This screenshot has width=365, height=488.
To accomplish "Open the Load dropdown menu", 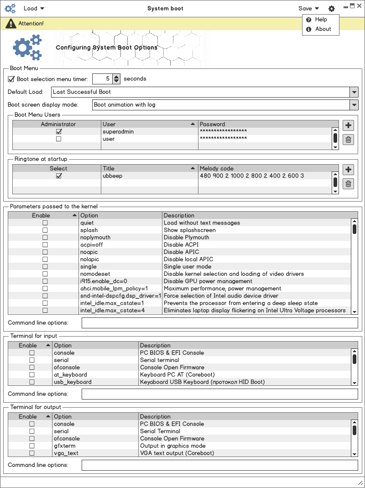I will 34,8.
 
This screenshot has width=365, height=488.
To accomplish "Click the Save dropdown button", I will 308,8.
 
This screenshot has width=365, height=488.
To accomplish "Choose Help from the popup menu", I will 321,20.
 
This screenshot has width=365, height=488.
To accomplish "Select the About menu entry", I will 323,29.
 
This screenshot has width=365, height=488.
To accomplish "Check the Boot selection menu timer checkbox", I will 12,79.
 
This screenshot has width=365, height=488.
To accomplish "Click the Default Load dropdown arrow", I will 354,92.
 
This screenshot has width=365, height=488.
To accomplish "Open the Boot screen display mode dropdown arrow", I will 354,105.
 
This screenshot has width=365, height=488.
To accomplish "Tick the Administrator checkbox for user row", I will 58,139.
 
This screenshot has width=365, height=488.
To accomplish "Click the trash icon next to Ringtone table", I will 348,184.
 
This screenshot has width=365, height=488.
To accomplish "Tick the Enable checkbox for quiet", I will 45,223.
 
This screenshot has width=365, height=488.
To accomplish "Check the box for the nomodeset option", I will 45,274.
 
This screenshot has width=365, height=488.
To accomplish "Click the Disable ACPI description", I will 181,245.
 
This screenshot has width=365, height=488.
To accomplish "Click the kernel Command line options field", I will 219,323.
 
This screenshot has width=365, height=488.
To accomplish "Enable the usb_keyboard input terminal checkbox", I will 32,382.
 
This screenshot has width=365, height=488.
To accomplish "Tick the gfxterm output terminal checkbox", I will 32,446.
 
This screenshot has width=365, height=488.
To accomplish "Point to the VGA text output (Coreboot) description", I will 177,453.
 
